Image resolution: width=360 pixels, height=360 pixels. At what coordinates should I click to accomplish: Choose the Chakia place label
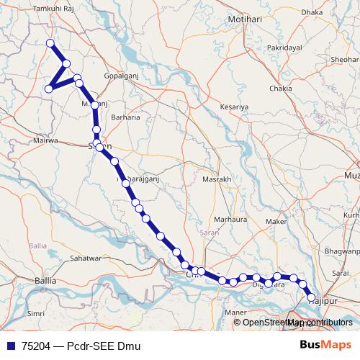[x=280, y=89]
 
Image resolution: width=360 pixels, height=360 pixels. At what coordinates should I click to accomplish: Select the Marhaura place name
[x=230, y=219]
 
